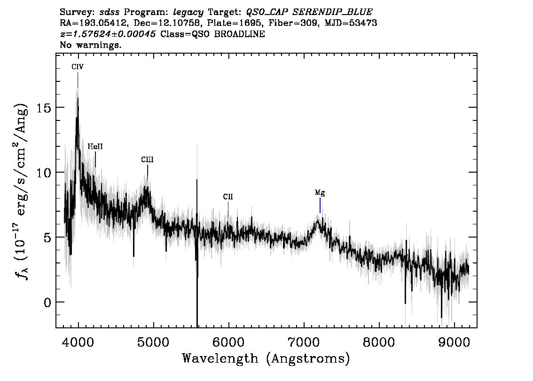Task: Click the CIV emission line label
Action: pos(78,67)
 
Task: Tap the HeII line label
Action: pos(95,147)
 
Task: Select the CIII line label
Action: pos(147,159)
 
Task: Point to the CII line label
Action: pos(228,197)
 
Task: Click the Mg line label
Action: pos(320,193)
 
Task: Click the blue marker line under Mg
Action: pos(320,206)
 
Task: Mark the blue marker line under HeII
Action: pos(95,159)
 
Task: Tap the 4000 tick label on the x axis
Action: pos(78,342)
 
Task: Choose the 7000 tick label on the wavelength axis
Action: pos(304,342)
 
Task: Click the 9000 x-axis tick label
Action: pos(454,342)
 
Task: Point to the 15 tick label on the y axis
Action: pos(44,108)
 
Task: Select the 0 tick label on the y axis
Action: pos(47,302)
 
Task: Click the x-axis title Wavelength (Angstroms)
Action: pos(266,359)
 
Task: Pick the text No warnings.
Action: pos(90,45)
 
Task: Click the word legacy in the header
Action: pos(188,13)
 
